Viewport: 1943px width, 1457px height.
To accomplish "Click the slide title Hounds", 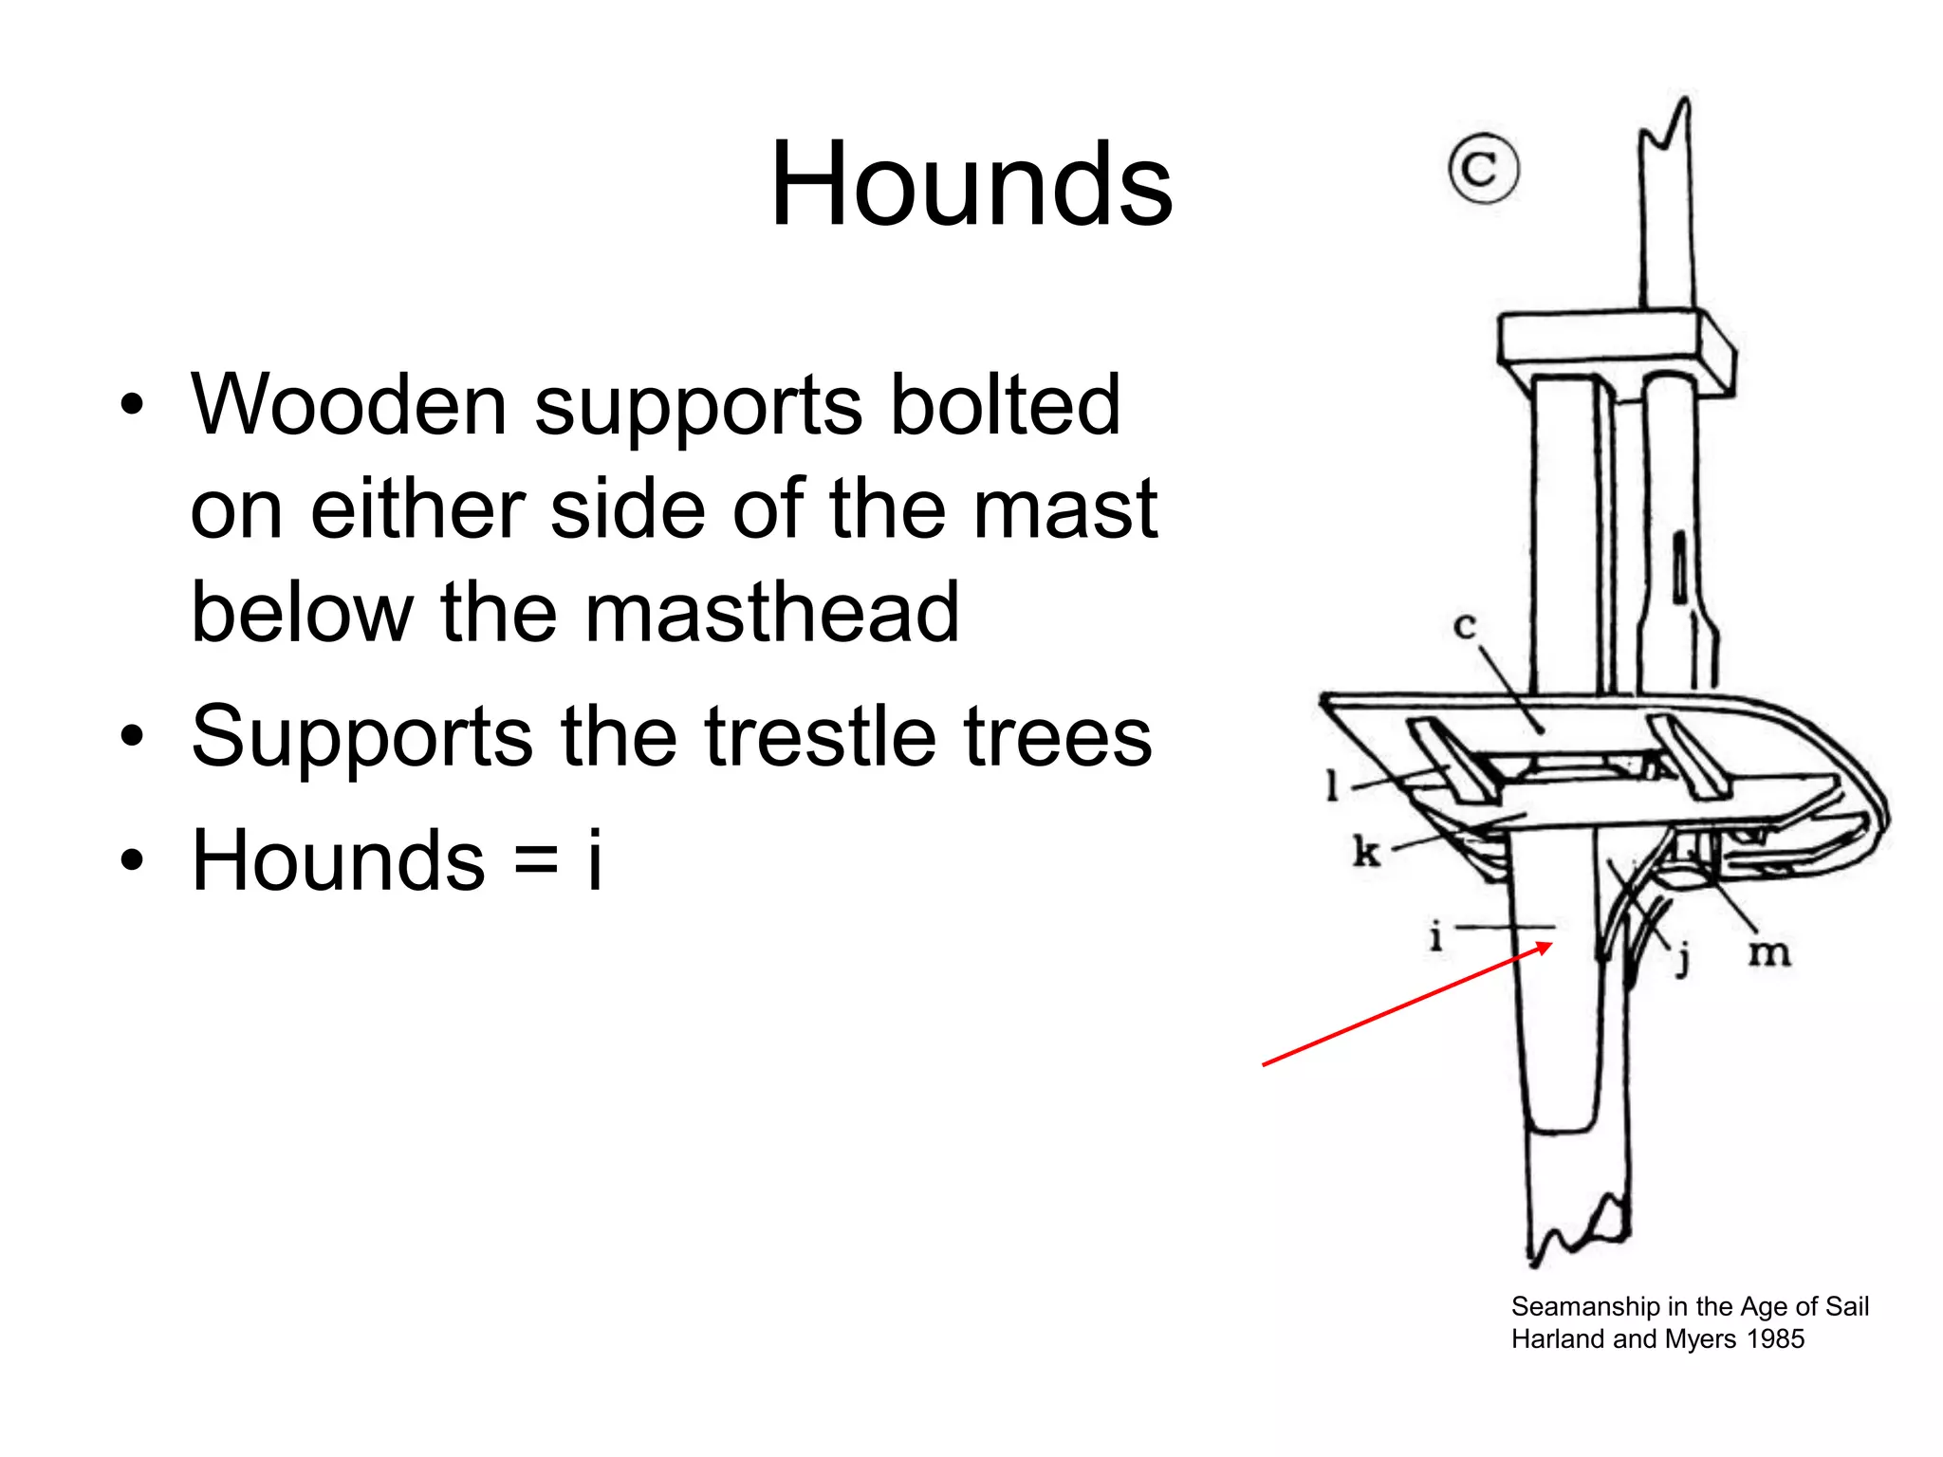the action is tap(971, 184).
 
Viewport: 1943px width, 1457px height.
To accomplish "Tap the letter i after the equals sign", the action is tap(595, 859).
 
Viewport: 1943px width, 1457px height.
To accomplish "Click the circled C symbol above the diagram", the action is tap(1483, 169).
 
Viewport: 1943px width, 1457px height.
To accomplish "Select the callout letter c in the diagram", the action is tap(1465, 626).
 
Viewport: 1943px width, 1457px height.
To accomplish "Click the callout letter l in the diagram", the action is tap(1332, 784).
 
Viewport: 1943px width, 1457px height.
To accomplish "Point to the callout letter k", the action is tap(1365, 851).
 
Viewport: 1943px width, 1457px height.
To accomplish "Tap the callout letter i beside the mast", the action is tap(1435, 936).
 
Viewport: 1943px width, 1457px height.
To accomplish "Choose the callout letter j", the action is tap(1683, 958).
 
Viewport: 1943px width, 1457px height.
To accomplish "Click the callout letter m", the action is tap(1769, 952).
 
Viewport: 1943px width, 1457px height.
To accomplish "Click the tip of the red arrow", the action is tap(1551, 944).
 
